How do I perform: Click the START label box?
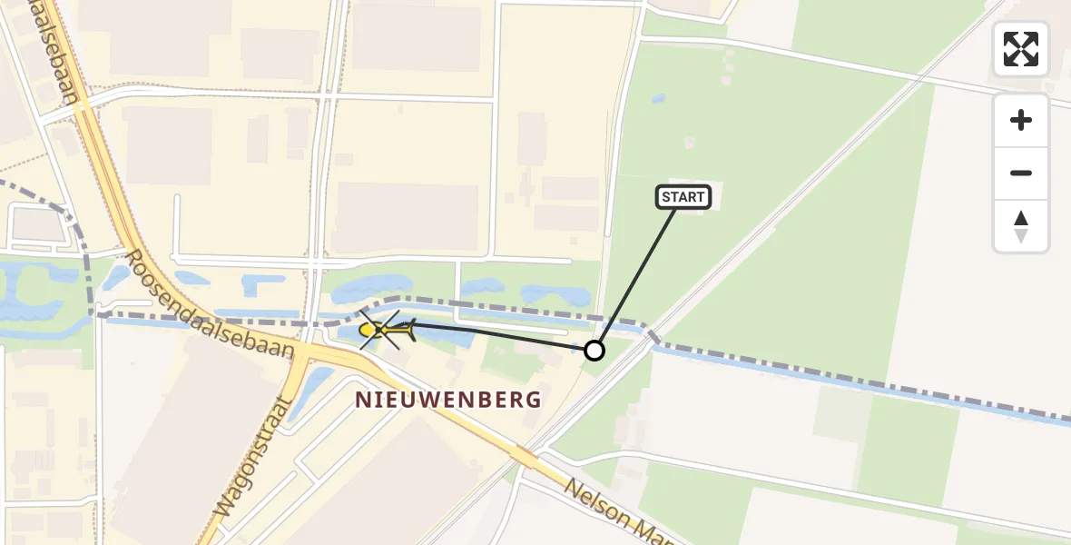tap(683, 197)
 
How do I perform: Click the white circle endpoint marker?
tap(594, 350)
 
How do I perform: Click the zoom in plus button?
tap(1021, 120)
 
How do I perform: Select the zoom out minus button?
tap(1021, 173)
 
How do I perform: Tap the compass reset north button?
tap(1021, 226)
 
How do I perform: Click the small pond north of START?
tap(658, 98)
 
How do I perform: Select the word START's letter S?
tap(667, 197)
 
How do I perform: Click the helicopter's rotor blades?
tap(379, 329)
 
